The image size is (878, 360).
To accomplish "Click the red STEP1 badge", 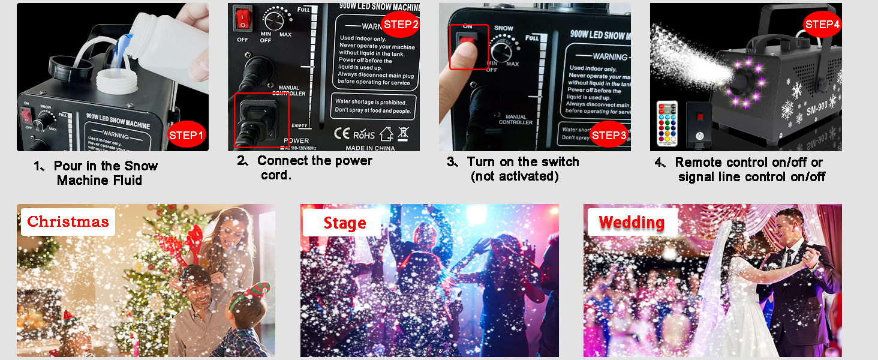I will pyautogui.click(x=187, y=135).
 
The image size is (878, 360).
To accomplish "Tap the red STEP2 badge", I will pyautogui.click(x=400, y=24).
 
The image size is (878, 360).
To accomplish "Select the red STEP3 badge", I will pyautogui.click(x=609, y=135).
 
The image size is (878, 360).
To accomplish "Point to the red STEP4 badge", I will pyautogui.click(x=822, y=25).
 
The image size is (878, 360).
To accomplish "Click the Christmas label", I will pyautogui.click(x=68, y=221).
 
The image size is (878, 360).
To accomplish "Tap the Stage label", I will pyautogui.click(x=344, y=223).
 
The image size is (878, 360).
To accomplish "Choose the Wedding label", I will pyautogui.click(x=631, y=222).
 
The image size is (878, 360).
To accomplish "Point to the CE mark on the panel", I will pyautogui.click(x=342, y=133).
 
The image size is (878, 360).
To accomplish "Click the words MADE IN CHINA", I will pyautogui.click(x=369, y=148).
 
